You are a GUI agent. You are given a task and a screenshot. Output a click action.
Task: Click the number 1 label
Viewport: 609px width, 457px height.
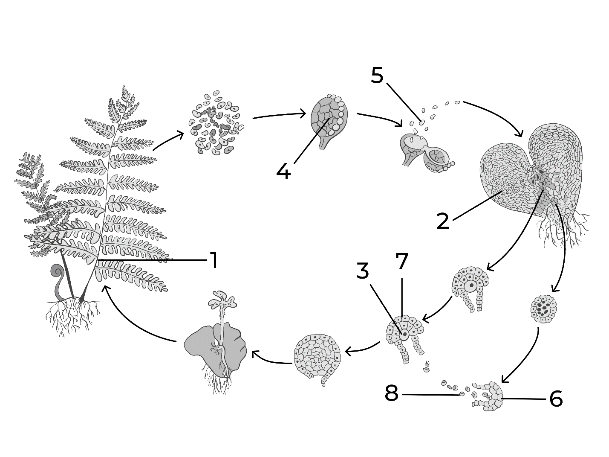click(214, 260)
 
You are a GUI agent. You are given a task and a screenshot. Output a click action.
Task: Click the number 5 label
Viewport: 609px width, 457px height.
click(377, 75)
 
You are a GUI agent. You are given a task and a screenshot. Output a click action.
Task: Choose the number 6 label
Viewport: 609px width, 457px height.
click(556, 399)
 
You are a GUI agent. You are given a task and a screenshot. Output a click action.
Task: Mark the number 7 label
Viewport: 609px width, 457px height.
click(402, 261)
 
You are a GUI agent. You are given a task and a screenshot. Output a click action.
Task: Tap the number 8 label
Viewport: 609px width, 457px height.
click(392, 393)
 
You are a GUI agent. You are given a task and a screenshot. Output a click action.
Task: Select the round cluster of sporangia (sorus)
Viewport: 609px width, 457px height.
click(216, 122)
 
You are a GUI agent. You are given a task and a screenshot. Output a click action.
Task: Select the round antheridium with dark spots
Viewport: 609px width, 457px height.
click(543, 309)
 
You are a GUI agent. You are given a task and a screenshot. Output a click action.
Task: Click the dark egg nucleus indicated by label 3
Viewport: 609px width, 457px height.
click(405, 334)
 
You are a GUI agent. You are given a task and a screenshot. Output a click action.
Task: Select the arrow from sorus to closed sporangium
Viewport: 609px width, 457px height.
click(279, 115)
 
